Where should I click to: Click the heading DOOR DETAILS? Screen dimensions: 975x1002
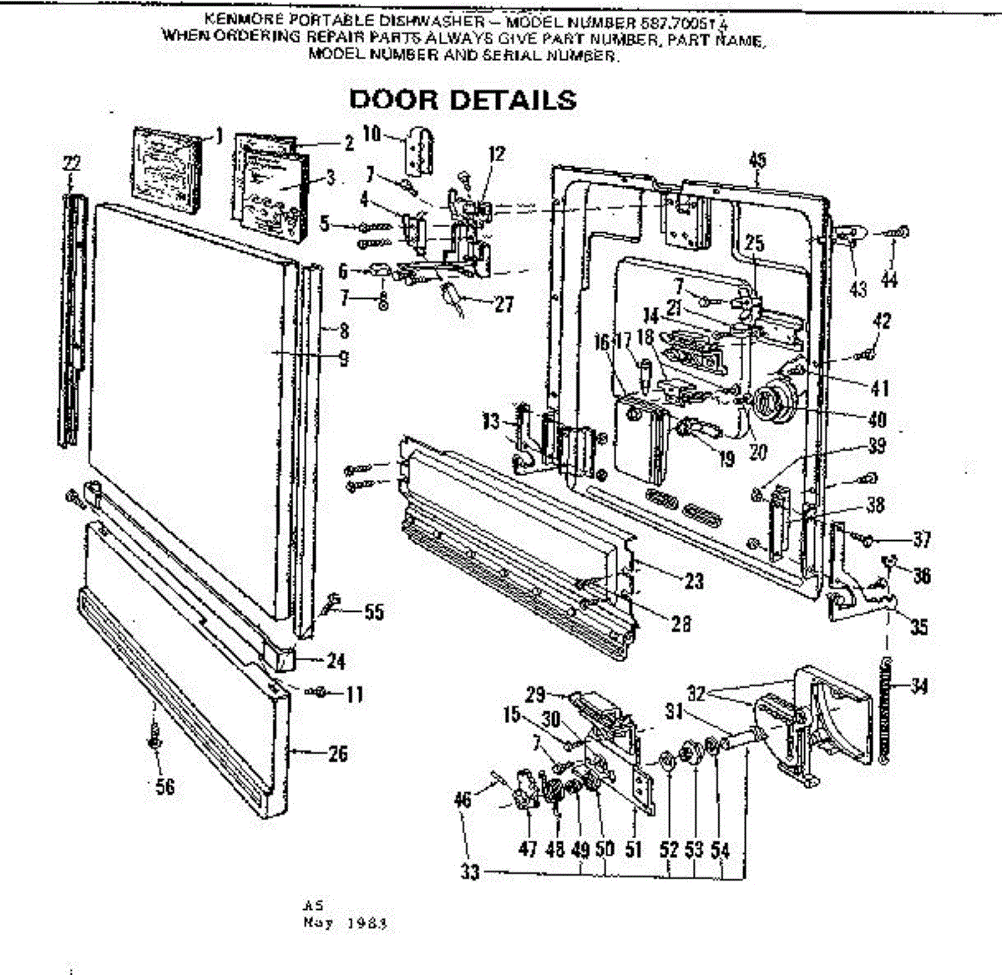[462, 99]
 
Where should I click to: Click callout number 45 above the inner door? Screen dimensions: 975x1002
[757, 160]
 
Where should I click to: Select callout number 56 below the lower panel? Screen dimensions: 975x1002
[165, 786]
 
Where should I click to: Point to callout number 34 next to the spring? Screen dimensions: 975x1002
[919, 686]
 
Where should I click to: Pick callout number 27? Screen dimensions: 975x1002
[504, 304]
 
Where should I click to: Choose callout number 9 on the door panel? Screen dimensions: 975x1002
[343, 358]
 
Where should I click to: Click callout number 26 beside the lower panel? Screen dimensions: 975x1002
[337, 754]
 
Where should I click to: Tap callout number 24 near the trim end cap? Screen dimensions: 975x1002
[336, 661]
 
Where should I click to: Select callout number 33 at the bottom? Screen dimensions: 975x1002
[469, 873]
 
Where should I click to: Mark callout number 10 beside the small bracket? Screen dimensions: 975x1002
[372, 134]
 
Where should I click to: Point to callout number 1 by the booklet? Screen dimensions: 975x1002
[219, 134]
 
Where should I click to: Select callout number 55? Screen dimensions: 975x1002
[373, 612]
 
